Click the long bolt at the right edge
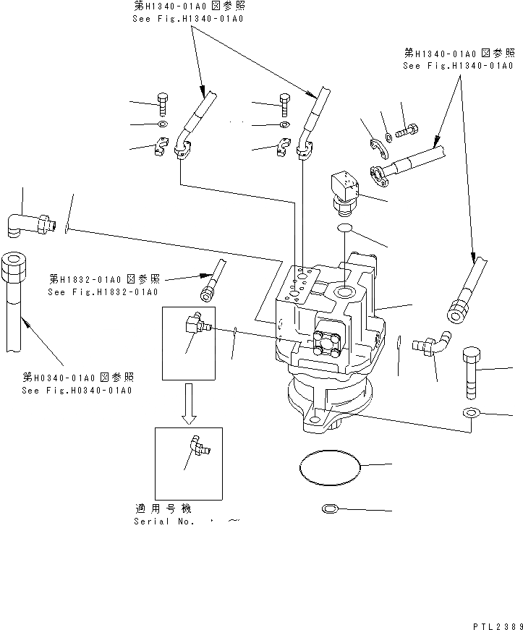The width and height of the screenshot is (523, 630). tap(469, 373)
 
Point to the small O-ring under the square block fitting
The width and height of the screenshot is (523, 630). tap(346, 229)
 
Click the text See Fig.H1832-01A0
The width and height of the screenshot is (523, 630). tap(102, 292)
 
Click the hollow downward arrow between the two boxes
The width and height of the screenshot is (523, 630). tap(188, 403)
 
